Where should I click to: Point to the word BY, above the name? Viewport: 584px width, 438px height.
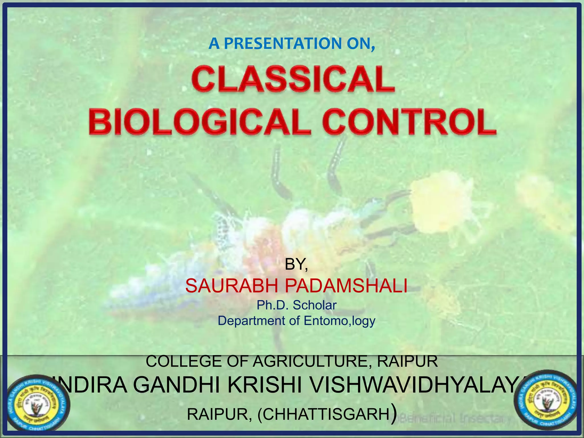pos(296,265)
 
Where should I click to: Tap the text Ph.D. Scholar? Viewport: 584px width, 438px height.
pos(297,305)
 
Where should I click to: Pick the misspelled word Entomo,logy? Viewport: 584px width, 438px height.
pos(339,321)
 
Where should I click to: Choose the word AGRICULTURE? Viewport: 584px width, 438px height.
pos(313,361)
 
